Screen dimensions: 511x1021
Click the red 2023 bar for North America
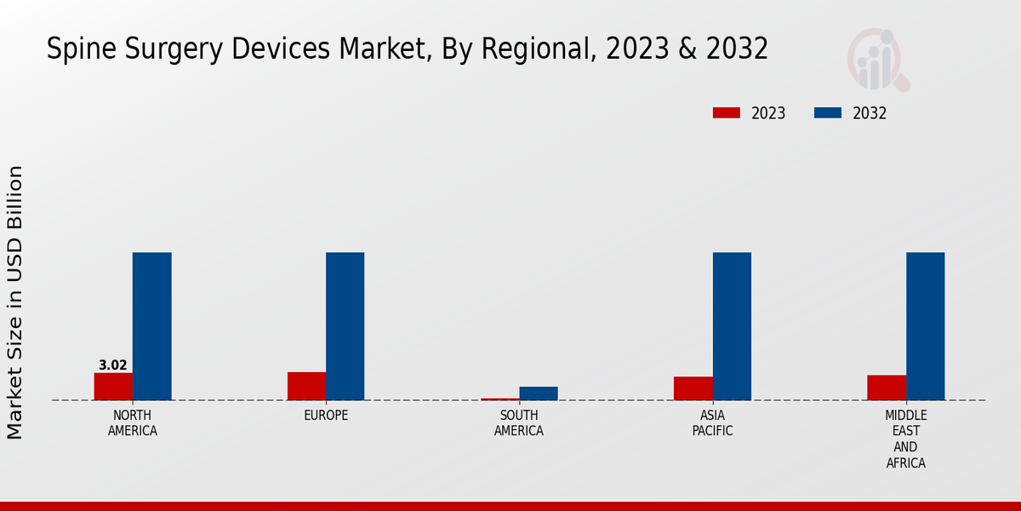coord(113,387)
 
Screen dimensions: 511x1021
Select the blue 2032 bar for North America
coord(152,326)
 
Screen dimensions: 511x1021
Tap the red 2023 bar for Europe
coord(306,386)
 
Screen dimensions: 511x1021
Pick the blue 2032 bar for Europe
coord(345,326)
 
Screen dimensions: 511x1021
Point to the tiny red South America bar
coord(500,399)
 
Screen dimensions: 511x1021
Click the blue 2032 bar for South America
coord(539,393)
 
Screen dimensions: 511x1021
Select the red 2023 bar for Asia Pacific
coord(693,388)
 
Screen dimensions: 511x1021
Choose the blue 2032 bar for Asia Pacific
coord(732,326)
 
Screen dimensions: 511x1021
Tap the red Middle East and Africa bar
coord(887,388)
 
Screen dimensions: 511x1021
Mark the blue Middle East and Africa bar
coord(926,326)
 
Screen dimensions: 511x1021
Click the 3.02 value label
coord(113,365)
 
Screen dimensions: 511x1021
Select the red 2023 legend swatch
coord(727,113)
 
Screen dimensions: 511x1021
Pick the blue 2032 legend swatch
coord(828,113)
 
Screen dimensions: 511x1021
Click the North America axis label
coord(133,423)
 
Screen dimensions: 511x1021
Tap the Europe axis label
coord(326,416)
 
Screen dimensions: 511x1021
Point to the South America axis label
coord(519,423)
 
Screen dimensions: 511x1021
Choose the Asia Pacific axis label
coord(713,423)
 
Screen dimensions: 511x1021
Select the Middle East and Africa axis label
coord(906,439)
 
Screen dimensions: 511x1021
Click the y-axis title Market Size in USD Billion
coord(15,302)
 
